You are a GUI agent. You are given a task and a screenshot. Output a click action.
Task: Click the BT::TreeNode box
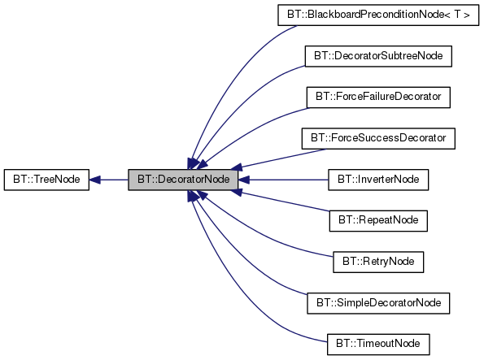(46, 179)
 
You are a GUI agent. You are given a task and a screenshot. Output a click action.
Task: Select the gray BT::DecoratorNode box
(182, 179)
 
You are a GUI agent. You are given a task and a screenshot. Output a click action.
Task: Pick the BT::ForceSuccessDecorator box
(377, 138)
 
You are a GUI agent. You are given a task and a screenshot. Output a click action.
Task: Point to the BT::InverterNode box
(377, 179)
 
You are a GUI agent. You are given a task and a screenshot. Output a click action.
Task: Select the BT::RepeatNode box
(377, 220)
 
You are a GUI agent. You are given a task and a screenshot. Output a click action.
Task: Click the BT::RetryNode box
(377, 261)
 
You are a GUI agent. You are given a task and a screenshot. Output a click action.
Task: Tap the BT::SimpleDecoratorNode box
(377, 302)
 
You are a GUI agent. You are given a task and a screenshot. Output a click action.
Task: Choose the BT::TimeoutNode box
(377, 343)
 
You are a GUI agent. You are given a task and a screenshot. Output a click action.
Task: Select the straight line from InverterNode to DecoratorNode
(285, 179)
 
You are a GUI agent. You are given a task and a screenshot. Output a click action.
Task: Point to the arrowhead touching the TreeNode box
(94, 179)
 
